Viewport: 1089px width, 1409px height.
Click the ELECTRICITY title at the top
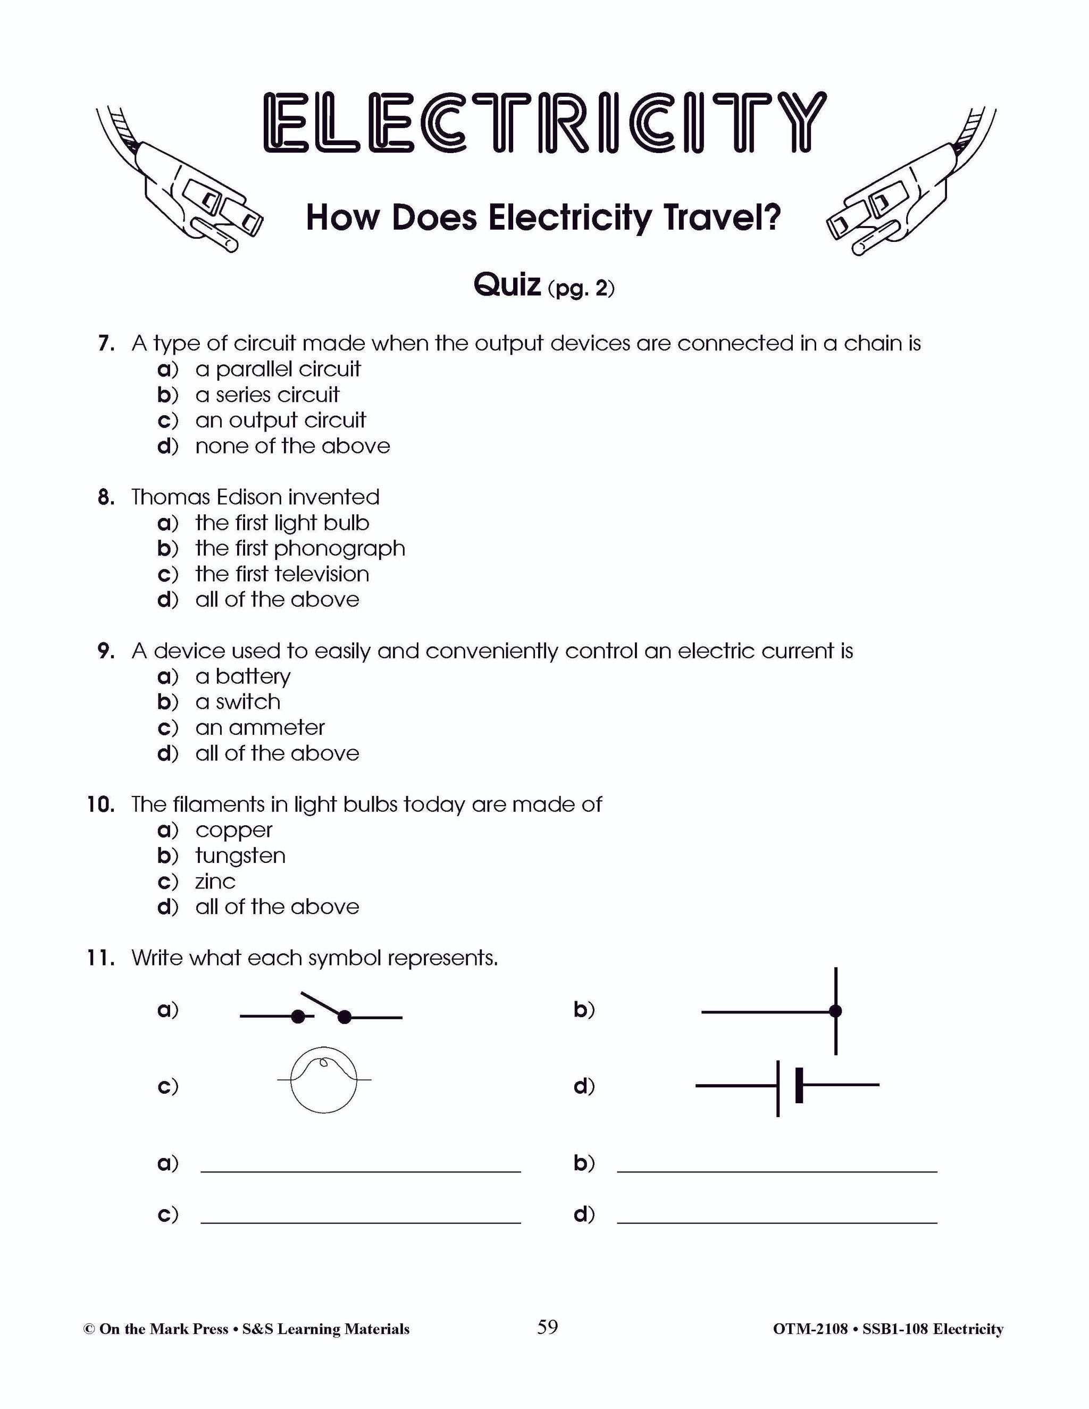[x=544, y=123]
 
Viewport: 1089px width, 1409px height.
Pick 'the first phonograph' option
[x=300, y=548]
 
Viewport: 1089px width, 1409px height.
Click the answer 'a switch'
[x=237, y=702]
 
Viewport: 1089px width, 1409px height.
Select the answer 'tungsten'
[x=240, y=856]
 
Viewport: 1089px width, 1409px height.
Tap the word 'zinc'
[x=215, y=881]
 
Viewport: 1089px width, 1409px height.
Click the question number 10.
[x=100, y=804]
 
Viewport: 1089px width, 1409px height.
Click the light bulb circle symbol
[x=324, y=1079]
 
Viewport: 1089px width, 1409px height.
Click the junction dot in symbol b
[x=835, y=1011]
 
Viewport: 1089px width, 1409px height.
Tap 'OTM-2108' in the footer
[x=810, y=1330]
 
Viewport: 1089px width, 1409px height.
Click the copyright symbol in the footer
[x=89, y=1330]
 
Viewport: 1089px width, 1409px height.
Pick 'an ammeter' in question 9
[x=260, y=728]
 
